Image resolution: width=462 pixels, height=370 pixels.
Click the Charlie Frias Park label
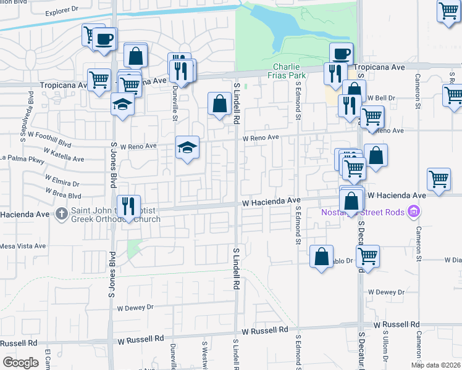tap(287, 72)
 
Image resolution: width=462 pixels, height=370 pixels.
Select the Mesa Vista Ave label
tap(23, 245)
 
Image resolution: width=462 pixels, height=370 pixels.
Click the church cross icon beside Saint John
tap(62, 214)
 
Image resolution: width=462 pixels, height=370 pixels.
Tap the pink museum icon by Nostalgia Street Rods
tap(414, 213)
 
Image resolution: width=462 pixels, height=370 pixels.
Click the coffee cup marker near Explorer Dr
tap(104, 39)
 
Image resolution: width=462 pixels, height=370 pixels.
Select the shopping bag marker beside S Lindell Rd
tap(219, 103)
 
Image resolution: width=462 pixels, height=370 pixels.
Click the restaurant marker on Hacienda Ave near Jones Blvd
tap(128, 207)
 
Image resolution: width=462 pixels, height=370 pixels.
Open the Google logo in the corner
tap(20, 363)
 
